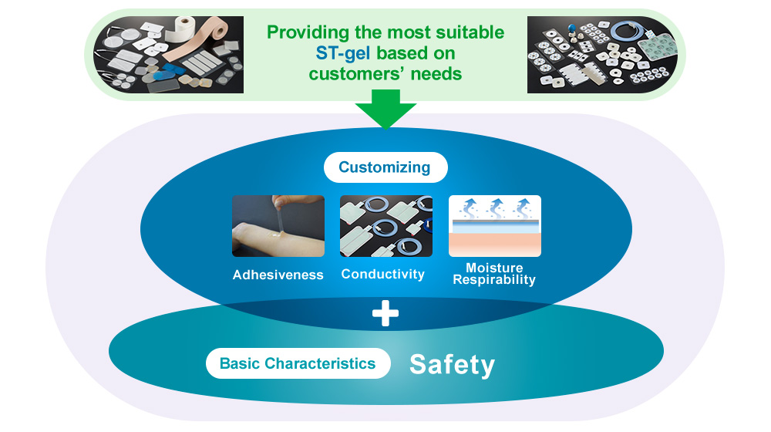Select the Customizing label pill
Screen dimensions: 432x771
click(x=385, y=167)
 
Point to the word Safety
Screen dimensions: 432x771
click(x=452, y=364)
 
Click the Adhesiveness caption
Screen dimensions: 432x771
click(x=278, y=275)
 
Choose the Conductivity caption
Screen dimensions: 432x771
click(x=383, y=274)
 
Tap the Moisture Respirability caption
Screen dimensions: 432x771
click(x=493, y=274)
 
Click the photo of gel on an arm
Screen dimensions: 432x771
click(x=278, y=226)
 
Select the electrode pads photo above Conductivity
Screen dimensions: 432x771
click(x=385, y=226)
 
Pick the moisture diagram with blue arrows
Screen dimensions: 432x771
click(x=494, y=226)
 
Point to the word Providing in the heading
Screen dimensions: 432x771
click(x=305, y=32)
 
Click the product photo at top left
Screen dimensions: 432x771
click(x=169, y=55)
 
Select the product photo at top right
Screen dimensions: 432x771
click(x=602, y=55)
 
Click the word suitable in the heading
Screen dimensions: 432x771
click(x=473, y=32)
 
